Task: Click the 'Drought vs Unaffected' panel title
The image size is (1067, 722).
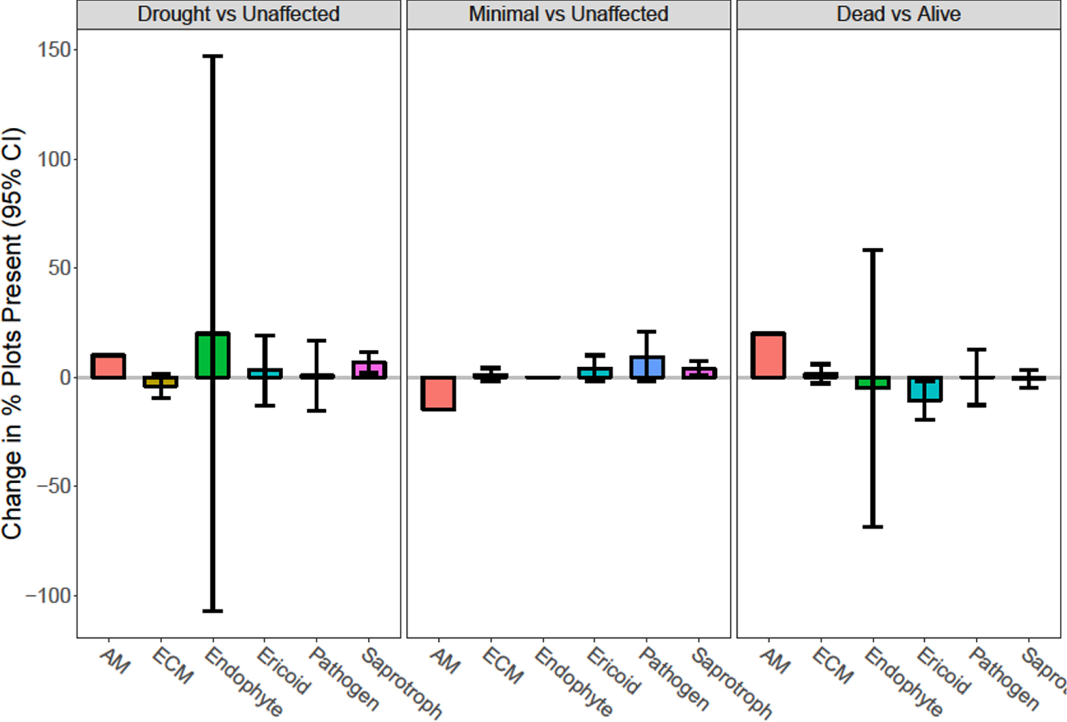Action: point(238,14)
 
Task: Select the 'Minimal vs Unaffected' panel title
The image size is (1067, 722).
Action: point(568,14)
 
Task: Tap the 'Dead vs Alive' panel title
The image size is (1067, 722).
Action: point(898,14)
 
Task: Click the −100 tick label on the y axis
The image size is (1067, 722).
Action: point(49,595)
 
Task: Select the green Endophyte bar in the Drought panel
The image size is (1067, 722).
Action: point(213,355)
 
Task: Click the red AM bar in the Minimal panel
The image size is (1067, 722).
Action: point(438,393)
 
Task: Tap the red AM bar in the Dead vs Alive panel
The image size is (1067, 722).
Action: point(768,355)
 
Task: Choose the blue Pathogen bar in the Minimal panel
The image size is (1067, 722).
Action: point(647,367)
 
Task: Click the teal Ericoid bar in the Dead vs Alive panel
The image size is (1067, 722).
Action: point(925,389)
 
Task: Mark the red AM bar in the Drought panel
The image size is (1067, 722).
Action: point(108,366)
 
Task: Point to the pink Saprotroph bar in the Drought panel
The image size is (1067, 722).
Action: point(369,370)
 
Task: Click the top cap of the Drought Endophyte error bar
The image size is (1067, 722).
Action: point(213,55)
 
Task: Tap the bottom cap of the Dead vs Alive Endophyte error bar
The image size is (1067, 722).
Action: point(873,527)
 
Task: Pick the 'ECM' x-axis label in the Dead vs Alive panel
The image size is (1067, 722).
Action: point(833,666)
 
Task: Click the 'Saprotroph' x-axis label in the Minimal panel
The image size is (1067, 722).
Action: point(731,682)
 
